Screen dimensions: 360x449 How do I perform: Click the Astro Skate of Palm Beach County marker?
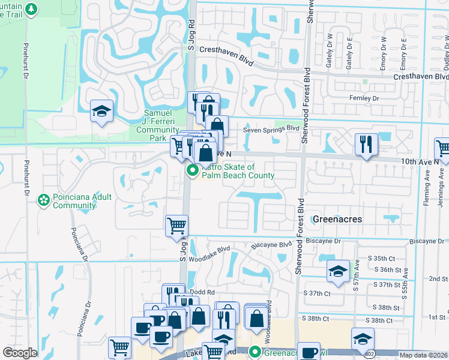pos(193,171)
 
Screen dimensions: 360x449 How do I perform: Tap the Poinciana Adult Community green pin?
pos(43,199)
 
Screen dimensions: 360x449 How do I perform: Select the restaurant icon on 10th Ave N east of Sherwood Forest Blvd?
pos(366,144)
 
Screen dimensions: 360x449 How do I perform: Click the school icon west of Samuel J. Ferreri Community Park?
pos(101,112)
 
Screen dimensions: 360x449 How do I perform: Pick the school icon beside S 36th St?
pos(338,271)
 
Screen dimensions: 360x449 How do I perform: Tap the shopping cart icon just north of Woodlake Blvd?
pos(176,226)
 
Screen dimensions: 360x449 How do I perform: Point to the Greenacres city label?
pos(337,220)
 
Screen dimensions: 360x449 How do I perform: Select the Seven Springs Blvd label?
pos(271,128)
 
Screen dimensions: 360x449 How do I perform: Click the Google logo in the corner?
pos(20,353)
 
